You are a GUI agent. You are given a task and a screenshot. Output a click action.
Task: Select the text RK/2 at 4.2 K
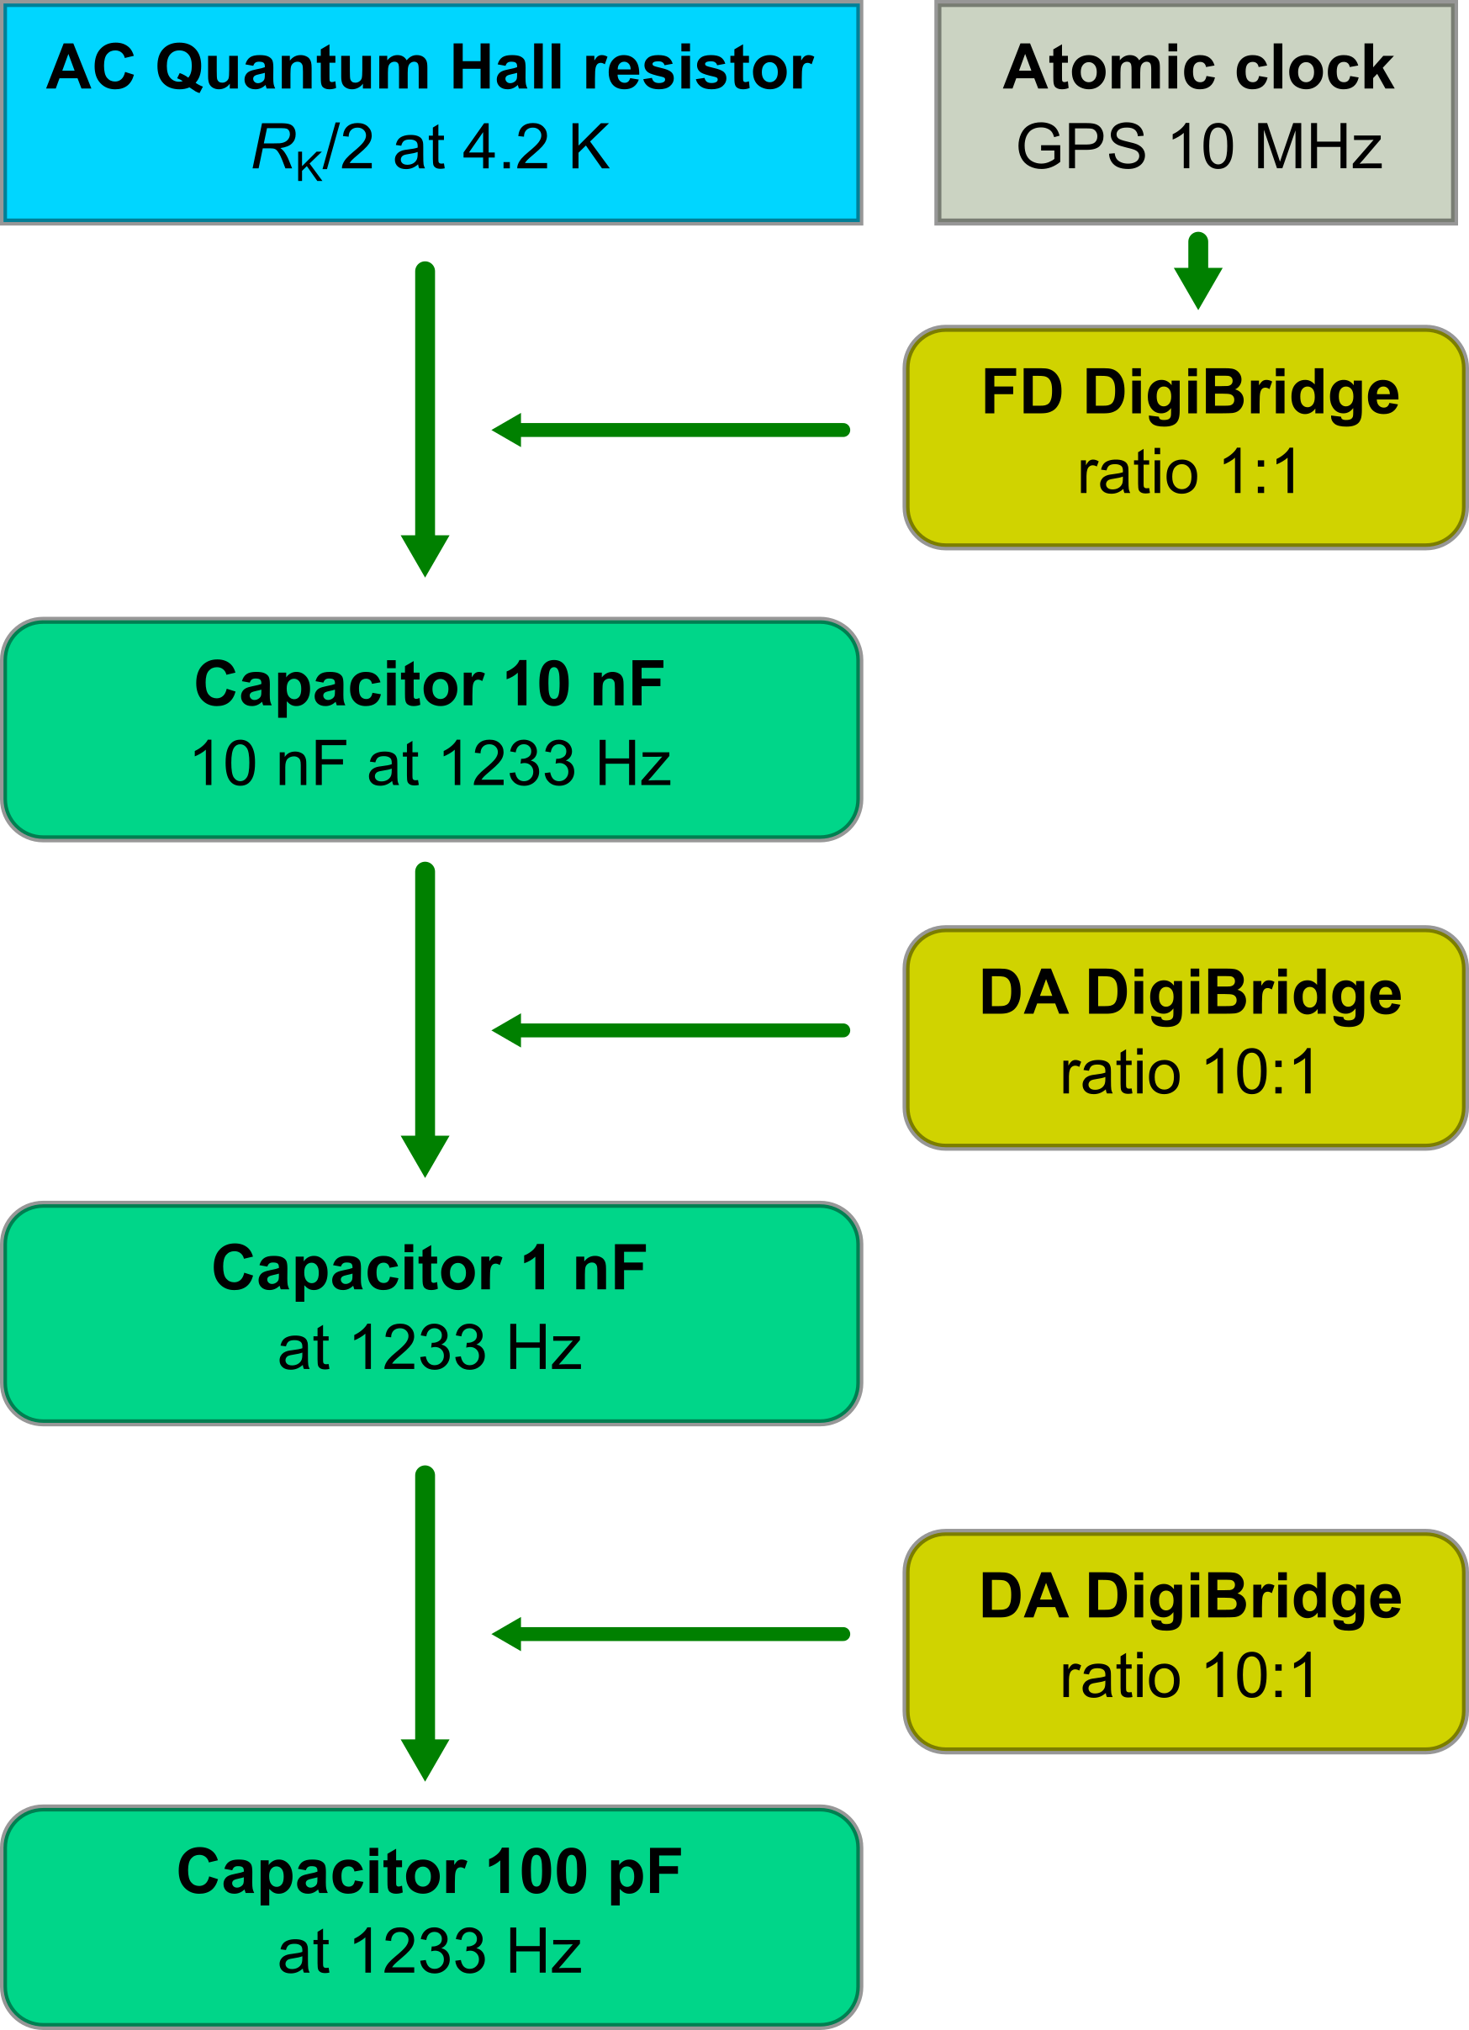(431, 148)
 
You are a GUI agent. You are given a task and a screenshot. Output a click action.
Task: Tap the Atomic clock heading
(1197, 68)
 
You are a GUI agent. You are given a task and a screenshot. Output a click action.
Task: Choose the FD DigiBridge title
(1190, 393)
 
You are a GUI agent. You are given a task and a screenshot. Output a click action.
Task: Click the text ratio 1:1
(1188, 473)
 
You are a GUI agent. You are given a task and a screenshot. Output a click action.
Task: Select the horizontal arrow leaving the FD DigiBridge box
(671, 431)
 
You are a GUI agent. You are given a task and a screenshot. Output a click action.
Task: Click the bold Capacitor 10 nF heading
(429, 685)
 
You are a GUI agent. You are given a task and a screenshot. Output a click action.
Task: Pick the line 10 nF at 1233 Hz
(431, 764)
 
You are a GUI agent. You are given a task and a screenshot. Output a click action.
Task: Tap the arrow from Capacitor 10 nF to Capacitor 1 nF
(425, 1019)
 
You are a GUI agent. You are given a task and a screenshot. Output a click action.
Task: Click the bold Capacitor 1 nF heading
(429, 1268)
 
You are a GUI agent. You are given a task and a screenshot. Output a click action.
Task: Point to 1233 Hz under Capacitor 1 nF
(466, 1348)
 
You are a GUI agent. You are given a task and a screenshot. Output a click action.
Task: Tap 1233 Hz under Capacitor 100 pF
(466, 1952)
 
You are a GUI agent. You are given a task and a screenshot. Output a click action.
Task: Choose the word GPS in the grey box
(1081, 147)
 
